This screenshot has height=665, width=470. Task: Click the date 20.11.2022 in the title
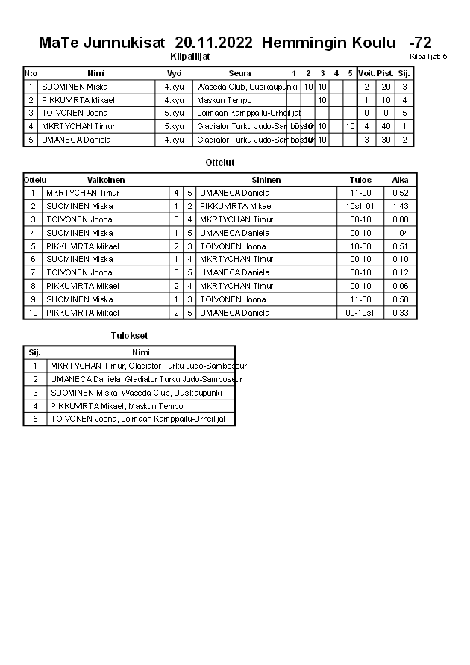213,43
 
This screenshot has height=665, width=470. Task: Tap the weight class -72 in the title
420,43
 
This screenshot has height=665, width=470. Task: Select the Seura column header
239,73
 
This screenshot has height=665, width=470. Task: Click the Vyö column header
174,73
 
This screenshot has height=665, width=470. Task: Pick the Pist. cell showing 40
385,126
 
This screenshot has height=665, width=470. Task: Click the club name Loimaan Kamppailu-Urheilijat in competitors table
248,113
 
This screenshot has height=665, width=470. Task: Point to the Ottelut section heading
220,162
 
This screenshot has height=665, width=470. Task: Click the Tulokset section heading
128,336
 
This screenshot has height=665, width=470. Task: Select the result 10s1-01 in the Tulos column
360,206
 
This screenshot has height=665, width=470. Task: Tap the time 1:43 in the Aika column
401,206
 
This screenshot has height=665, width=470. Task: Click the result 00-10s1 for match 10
360,313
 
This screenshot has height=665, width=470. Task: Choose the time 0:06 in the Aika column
401,286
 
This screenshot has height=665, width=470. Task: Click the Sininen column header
266,180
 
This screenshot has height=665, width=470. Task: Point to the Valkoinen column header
106,180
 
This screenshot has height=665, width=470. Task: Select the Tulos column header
360,180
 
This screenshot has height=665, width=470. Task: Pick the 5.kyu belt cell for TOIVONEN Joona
174,113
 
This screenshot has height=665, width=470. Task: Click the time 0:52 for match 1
401,193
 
